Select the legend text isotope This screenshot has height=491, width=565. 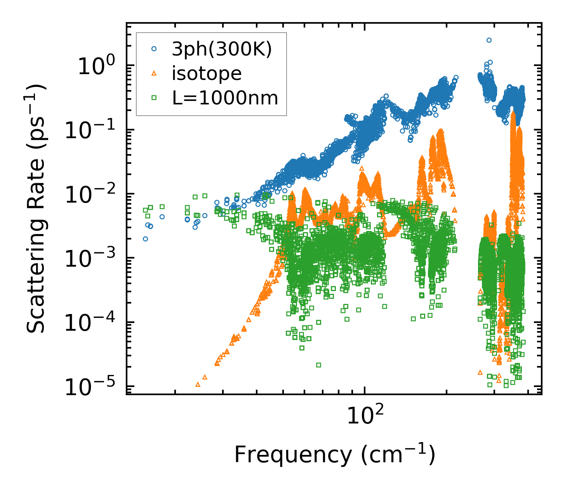207,74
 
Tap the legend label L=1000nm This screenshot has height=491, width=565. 225,98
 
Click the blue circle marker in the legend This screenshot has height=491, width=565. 154,49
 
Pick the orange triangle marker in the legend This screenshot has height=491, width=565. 154,73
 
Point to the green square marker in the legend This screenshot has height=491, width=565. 154,98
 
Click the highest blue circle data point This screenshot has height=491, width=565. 489,40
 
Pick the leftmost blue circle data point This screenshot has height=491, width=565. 145,239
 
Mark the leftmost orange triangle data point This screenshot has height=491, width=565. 198,385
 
